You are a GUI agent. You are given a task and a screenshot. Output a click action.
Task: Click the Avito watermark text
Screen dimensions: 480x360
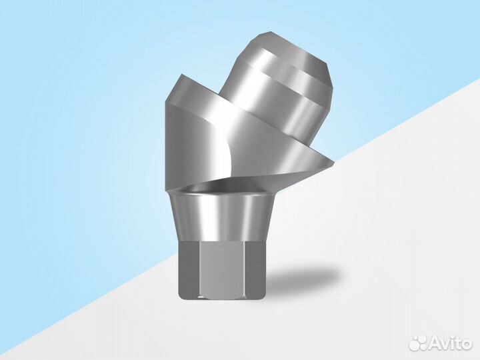[450, 344]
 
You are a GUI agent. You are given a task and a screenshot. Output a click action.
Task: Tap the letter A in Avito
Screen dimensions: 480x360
[434, 344]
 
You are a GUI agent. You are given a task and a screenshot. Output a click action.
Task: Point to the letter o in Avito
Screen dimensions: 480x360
[466, 345]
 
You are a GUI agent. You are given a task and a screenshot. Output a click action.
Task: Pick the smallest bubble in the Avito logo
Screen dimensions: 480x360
[414, 339]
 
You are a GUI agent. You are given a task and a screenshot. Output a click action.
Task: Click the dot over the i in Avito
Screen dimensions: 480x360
[452, 337]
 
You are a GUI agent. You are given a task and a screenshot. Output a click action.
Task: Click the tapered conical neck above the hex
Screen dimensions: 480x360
[221, 217]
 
